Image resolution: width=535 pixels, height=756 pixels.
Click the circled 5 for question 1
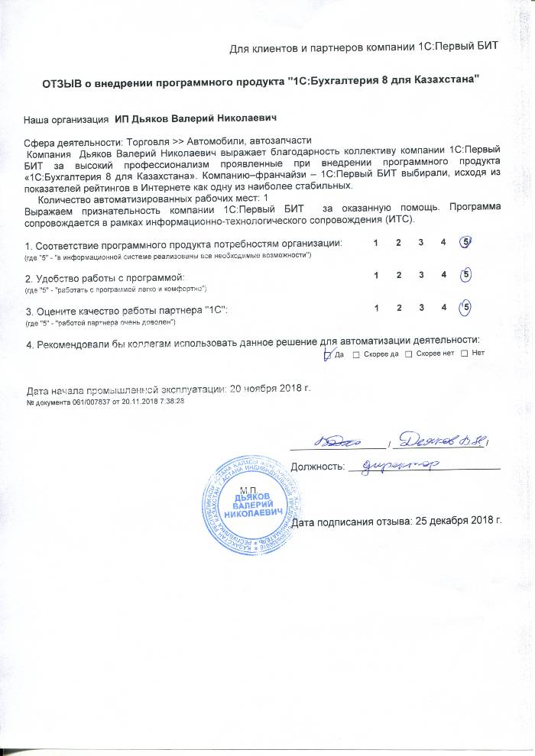[465, 242]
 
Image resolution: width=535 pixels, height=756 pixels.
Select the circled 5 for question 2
[466, 274]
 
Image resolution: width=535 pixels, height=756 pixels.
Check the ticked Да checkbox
[328, 354]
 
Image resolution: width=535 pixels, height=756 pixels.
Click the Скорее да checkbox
[357, 354]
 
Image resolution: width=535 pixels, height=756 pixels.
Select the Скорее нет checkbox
[409, 354]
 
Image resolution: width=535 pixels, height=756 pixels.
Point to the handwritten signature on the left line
[337, 441]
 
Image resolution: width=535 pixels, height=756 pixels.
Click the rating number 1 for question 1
[375, 243]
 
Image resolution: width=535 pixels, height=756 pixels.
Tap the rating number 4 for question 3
[443, 308]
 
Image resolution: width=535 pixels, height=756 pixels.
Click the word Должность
[318, 465]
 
